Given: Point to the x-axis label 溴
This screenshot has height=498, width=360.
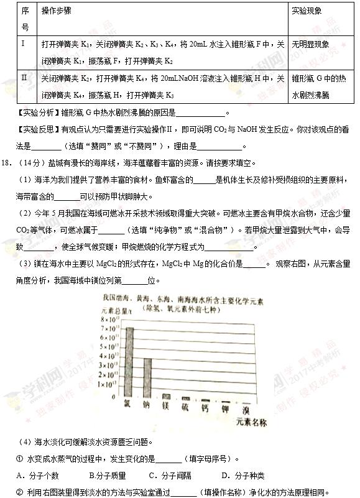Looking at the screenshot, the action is [246, 410].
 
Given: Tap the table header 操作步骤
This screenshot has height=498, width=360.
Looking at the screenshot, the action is [56, 12].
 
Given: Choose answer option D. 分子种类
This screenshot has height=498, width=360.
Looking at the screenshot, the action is [243, 476].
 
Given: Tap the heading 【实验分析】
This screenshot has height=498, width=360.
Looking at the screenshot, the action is [37, 113].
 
